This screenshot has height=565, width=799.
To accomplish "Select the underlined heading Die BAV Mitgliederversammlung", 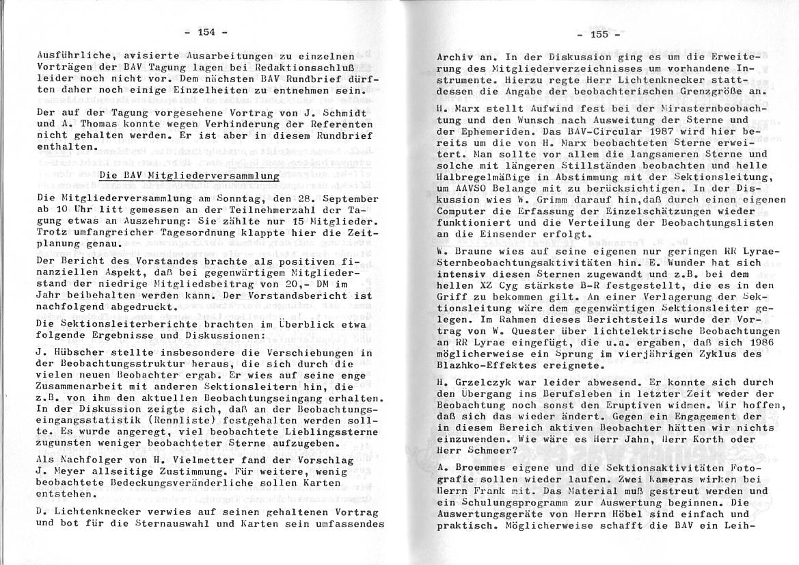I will point(189,176).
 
